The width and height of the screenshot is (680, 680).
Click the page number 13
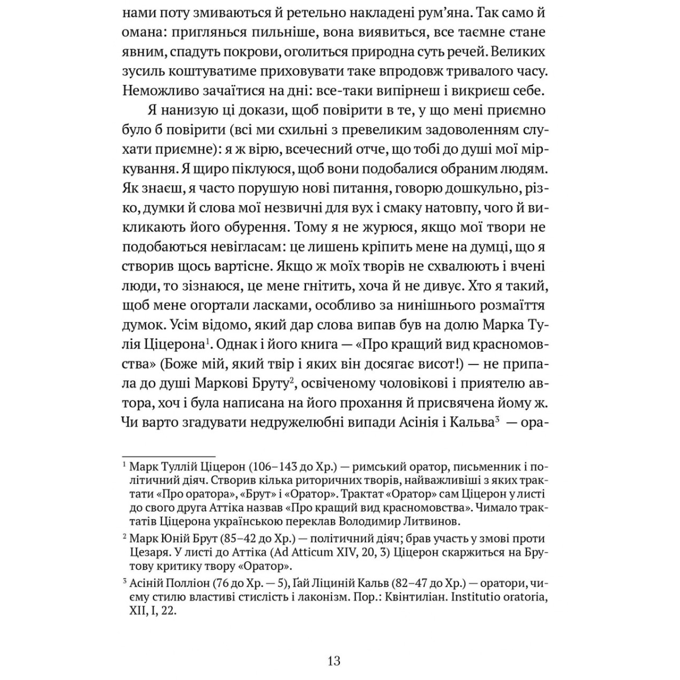pos(334,661)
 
